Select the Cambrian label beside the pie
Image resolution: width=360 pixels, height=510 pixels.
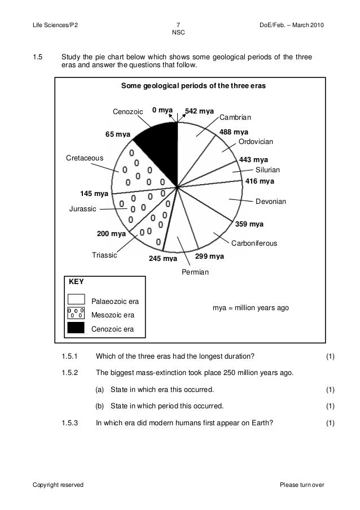[x=234, y=117]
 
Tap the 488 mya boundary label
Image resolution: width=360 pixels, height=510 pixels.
[x=234, y=132]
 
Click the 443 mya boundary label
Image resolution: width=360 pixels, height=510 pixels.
[x=253, y=160]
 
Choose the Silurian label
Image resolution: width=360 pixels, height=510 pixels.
[x=267, y=169]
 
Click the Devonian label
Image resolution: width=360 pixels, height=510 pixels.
[x=271, y=201]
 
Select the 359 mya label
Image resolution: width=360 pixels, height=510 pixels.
[x=249, y=224]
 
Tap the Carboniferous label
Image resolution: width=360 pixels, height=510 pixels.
[x=254, y=243]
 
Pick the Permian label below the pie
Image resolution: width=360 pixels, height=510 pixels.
[x=195, y=272]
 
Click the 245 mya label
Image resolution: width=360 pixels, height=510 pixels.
[x=163, y=259]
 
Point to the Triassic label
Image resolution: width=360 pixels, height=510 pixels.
[x=104, y=255]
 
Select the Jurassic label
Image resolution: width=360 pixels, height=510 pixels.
[x=82, y=209]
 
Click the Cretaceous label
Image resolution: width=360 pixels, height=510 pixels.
[x=85, y=158]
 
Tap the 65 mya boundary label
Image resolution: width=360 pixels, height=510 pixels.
[x=118, y=134]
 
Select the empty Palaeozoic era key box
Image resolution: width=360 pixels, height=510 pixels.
[x=76, y=299]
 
